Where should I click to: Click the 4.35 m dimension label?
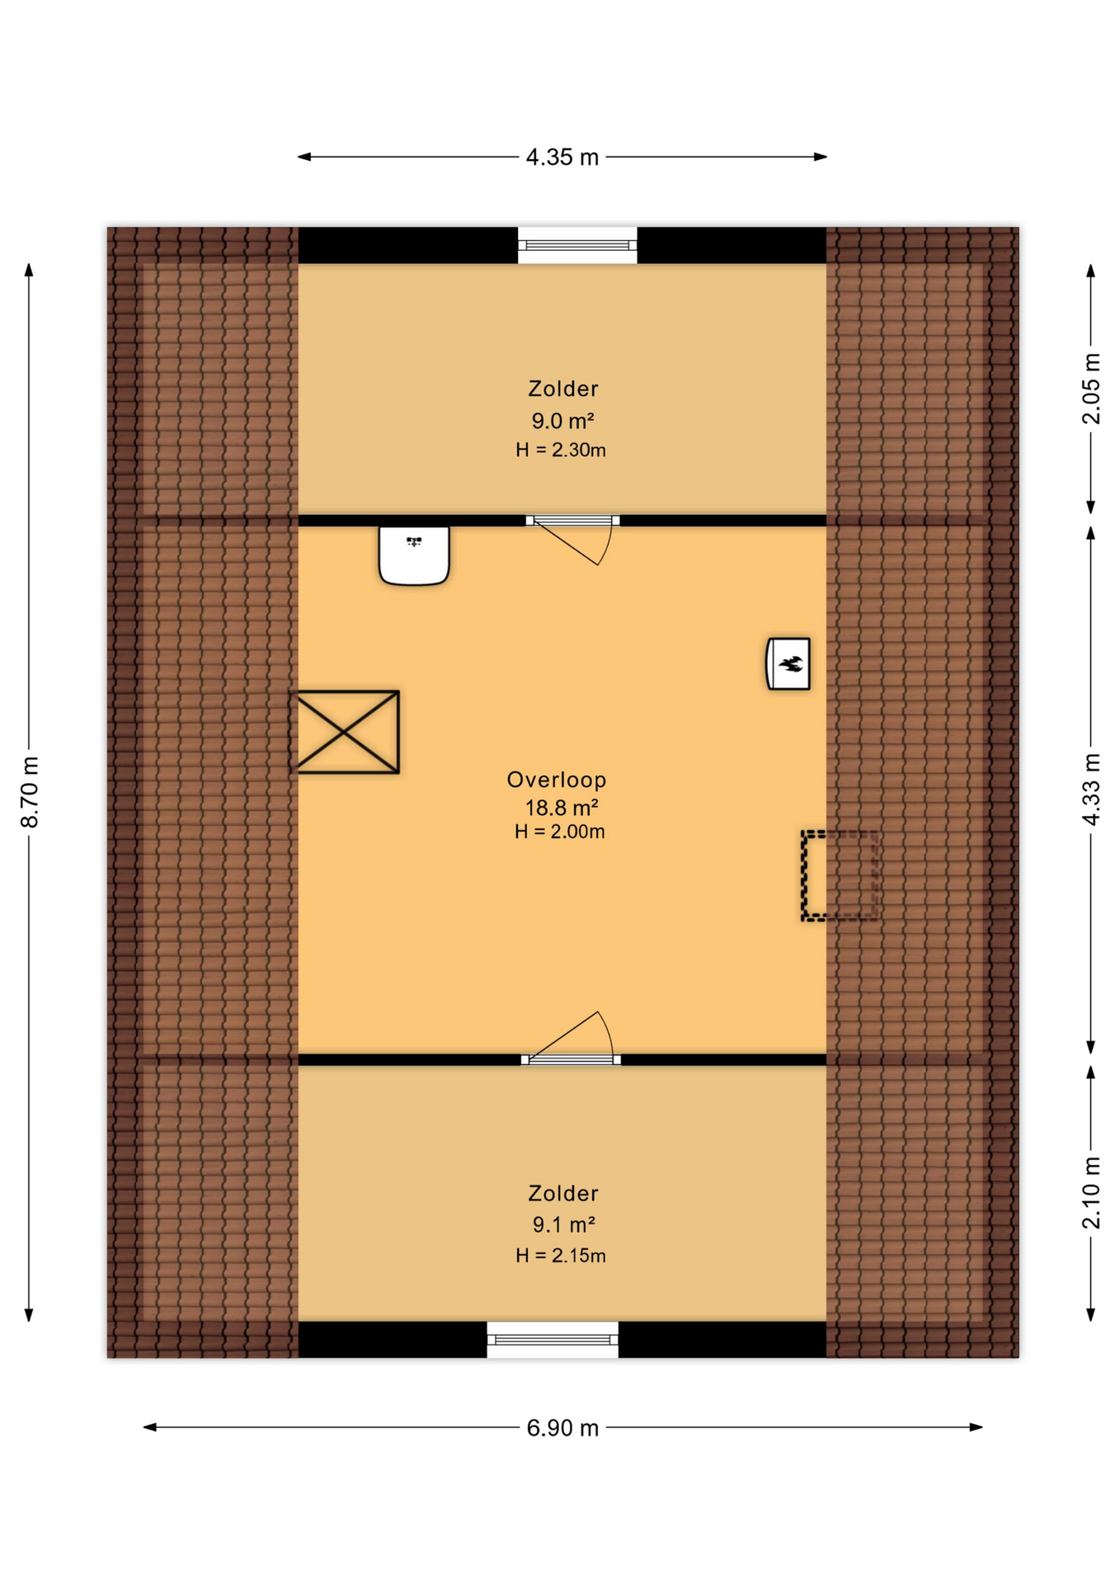(562, 157)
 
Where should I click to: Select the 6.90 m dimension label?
(562, 1427)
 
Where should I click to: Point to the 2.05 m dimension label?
(1090, 388)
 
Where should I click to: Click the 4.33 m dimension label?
(1090, 788)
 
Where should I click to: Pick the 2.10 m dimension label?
(1090, 1192)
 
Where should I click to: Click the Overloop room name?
(557, 779)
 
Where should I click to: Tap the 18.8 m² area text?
(561, 807)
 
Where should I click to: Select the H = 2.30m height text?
(561, 450)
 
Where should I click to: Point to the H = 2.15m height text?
(561, 1255)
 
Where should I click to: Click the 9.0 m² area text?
(562, 421)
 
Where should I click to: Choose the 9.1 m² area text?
(563, 1224)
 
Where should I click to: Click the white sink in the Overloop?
(414, 555)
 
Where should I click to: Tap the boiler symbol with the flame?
(788, 662)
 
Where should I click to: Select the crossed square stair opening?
(347, 732)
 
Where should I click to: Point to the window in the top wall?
(577, 245)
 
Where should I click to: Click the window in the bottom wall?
(553, 1339)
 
